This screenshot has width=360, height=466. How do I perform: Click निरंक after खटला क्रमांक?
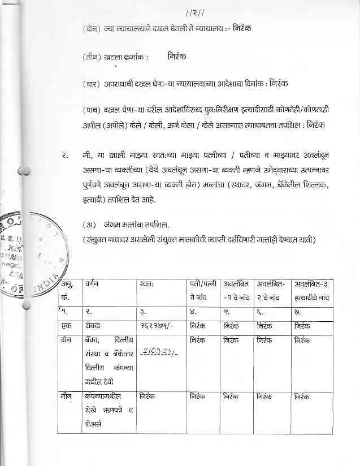click(x=177, y=57)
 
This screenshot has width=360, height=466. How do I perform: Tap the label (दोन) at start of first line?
click(x=91, y=28)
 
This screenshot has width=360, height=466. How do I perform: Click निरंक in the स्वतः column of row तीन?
click(x=148, y=397)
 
